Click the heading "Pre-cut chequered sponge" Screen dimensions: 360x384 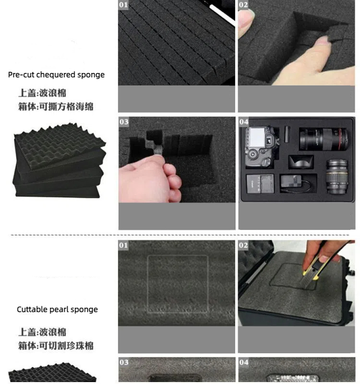56,75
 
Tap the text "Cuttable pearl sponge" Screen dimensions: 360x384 57,309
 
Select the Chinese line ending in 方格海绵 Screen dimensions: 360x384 56,107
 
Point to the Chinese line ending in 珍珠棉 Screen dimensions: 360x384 56,346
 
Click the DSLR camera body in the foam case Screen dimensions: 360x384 261,146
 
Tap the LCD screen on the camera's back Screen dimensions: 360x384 256,137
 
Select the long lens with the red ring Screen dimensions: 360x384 324,139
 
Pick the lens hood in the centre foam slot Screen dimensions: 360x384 301,162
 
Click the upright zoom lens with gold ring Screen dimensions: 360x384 337,177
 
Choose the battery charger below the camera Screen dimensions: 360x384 260,184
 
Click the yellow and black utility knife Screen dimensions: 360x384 316,267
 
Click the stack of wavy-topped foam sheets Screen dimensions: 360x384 59,160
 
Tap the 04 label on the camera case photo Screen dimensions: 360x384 244,122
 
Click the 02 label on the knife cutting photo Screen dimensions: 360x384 243,245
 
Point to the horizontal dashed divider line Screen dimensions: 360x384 180,235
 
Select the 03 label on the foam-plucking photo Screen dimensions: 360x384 124,122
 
